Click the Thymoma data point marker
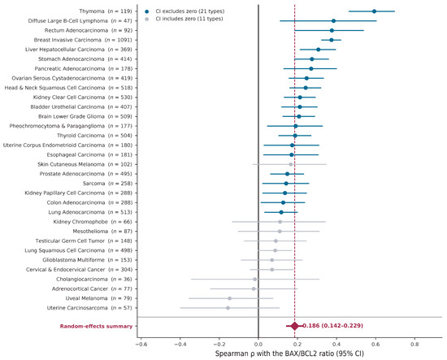pyautogui.click(x=374, y=11)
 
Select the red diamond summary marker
pyautogui.click(x=295, y=326)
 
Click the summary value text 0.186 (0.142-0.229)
pyautogui.click(x=332, y=326)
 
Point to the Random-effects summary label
pyautogui.click(x=96, y=326)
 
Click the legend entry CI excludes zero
pyautogui.click(x=185, y=11)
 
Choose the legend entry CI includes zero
pyautogui.click(x=184, y=19)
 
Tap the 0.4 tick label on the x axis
pyautogui.click(x=336, y=344)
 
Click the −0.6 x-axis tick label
pyautogui.click(x=141, y=344)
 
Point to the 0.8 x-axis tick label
pyautogui.click(x=414, y=344)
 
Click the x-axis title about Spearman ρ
pyautogui.click(x=289, y=353)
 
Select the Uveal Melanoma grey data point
pyautogui.click(x=229, y=298)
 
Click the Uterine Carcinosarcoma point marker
pyautogui.click(x=228, y=308)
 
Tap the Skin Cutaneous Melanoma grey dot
pyautogui.click(x=291, y=164)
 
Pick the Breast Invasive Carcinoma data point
pyautogui.click(x=332, y=40)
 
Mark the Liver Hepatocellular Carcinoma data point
pyautogui.click(x=319, y=50)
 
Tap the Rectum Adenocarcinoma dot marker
pyautogui.click(x=332, y=31)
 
